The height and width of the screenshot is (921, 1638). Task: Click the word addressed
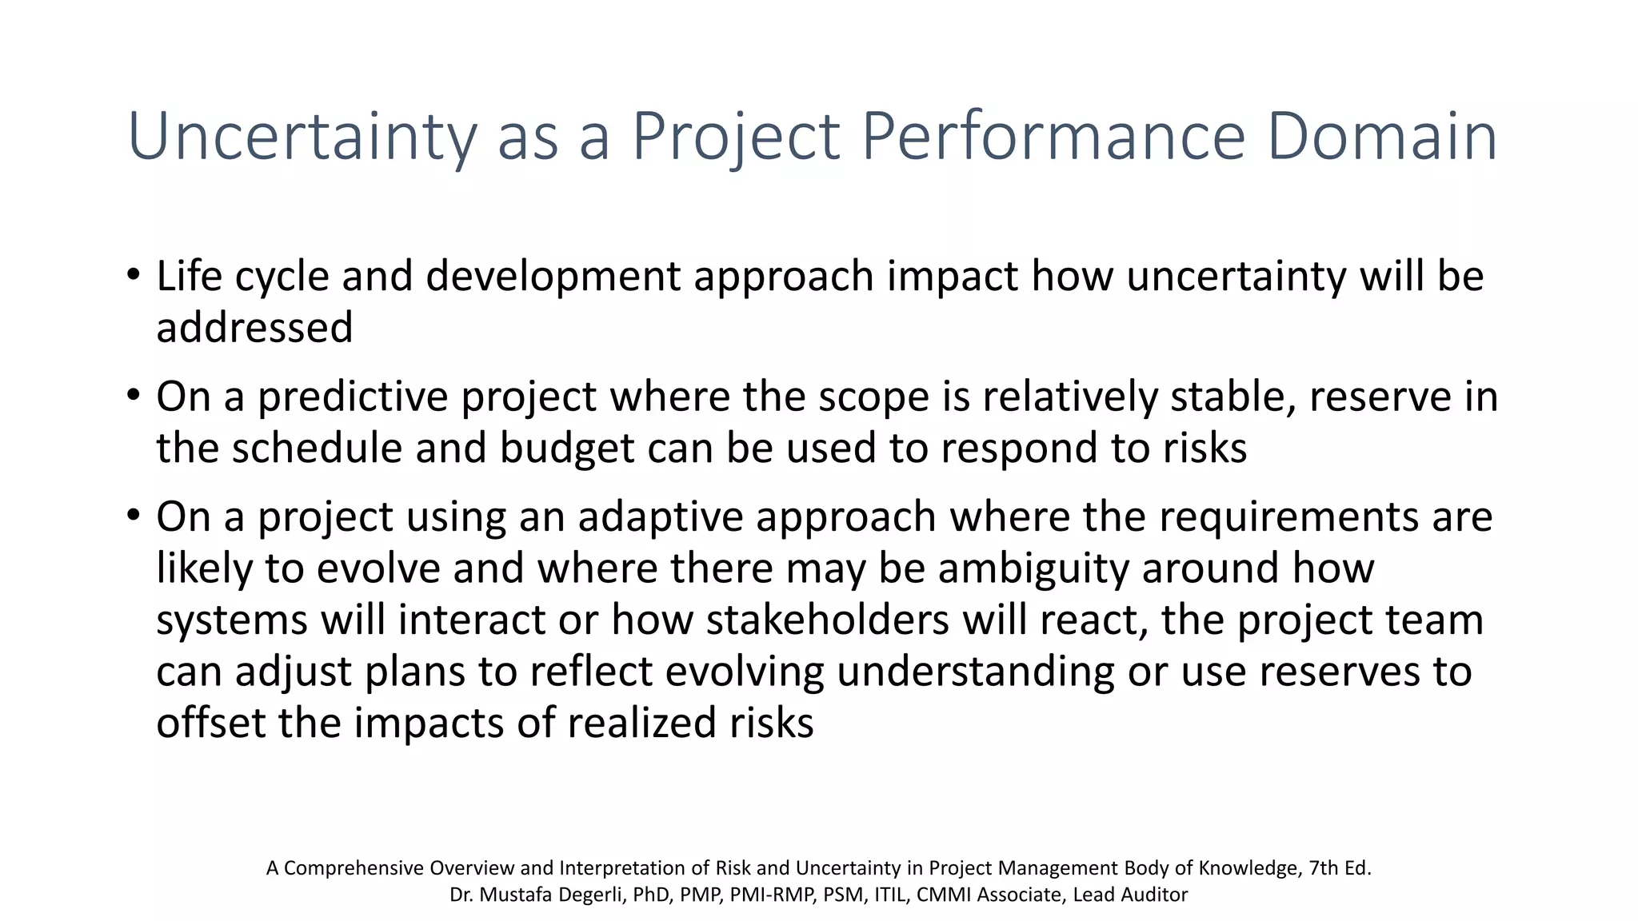point(254,328)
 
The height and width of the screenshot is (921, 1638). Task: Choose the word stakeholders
point(827,620)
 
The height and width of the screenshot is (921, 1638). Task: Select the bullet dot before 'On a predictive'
point(134,397)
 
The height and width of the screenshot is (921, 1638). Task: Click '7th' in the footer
point(1324,868)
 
